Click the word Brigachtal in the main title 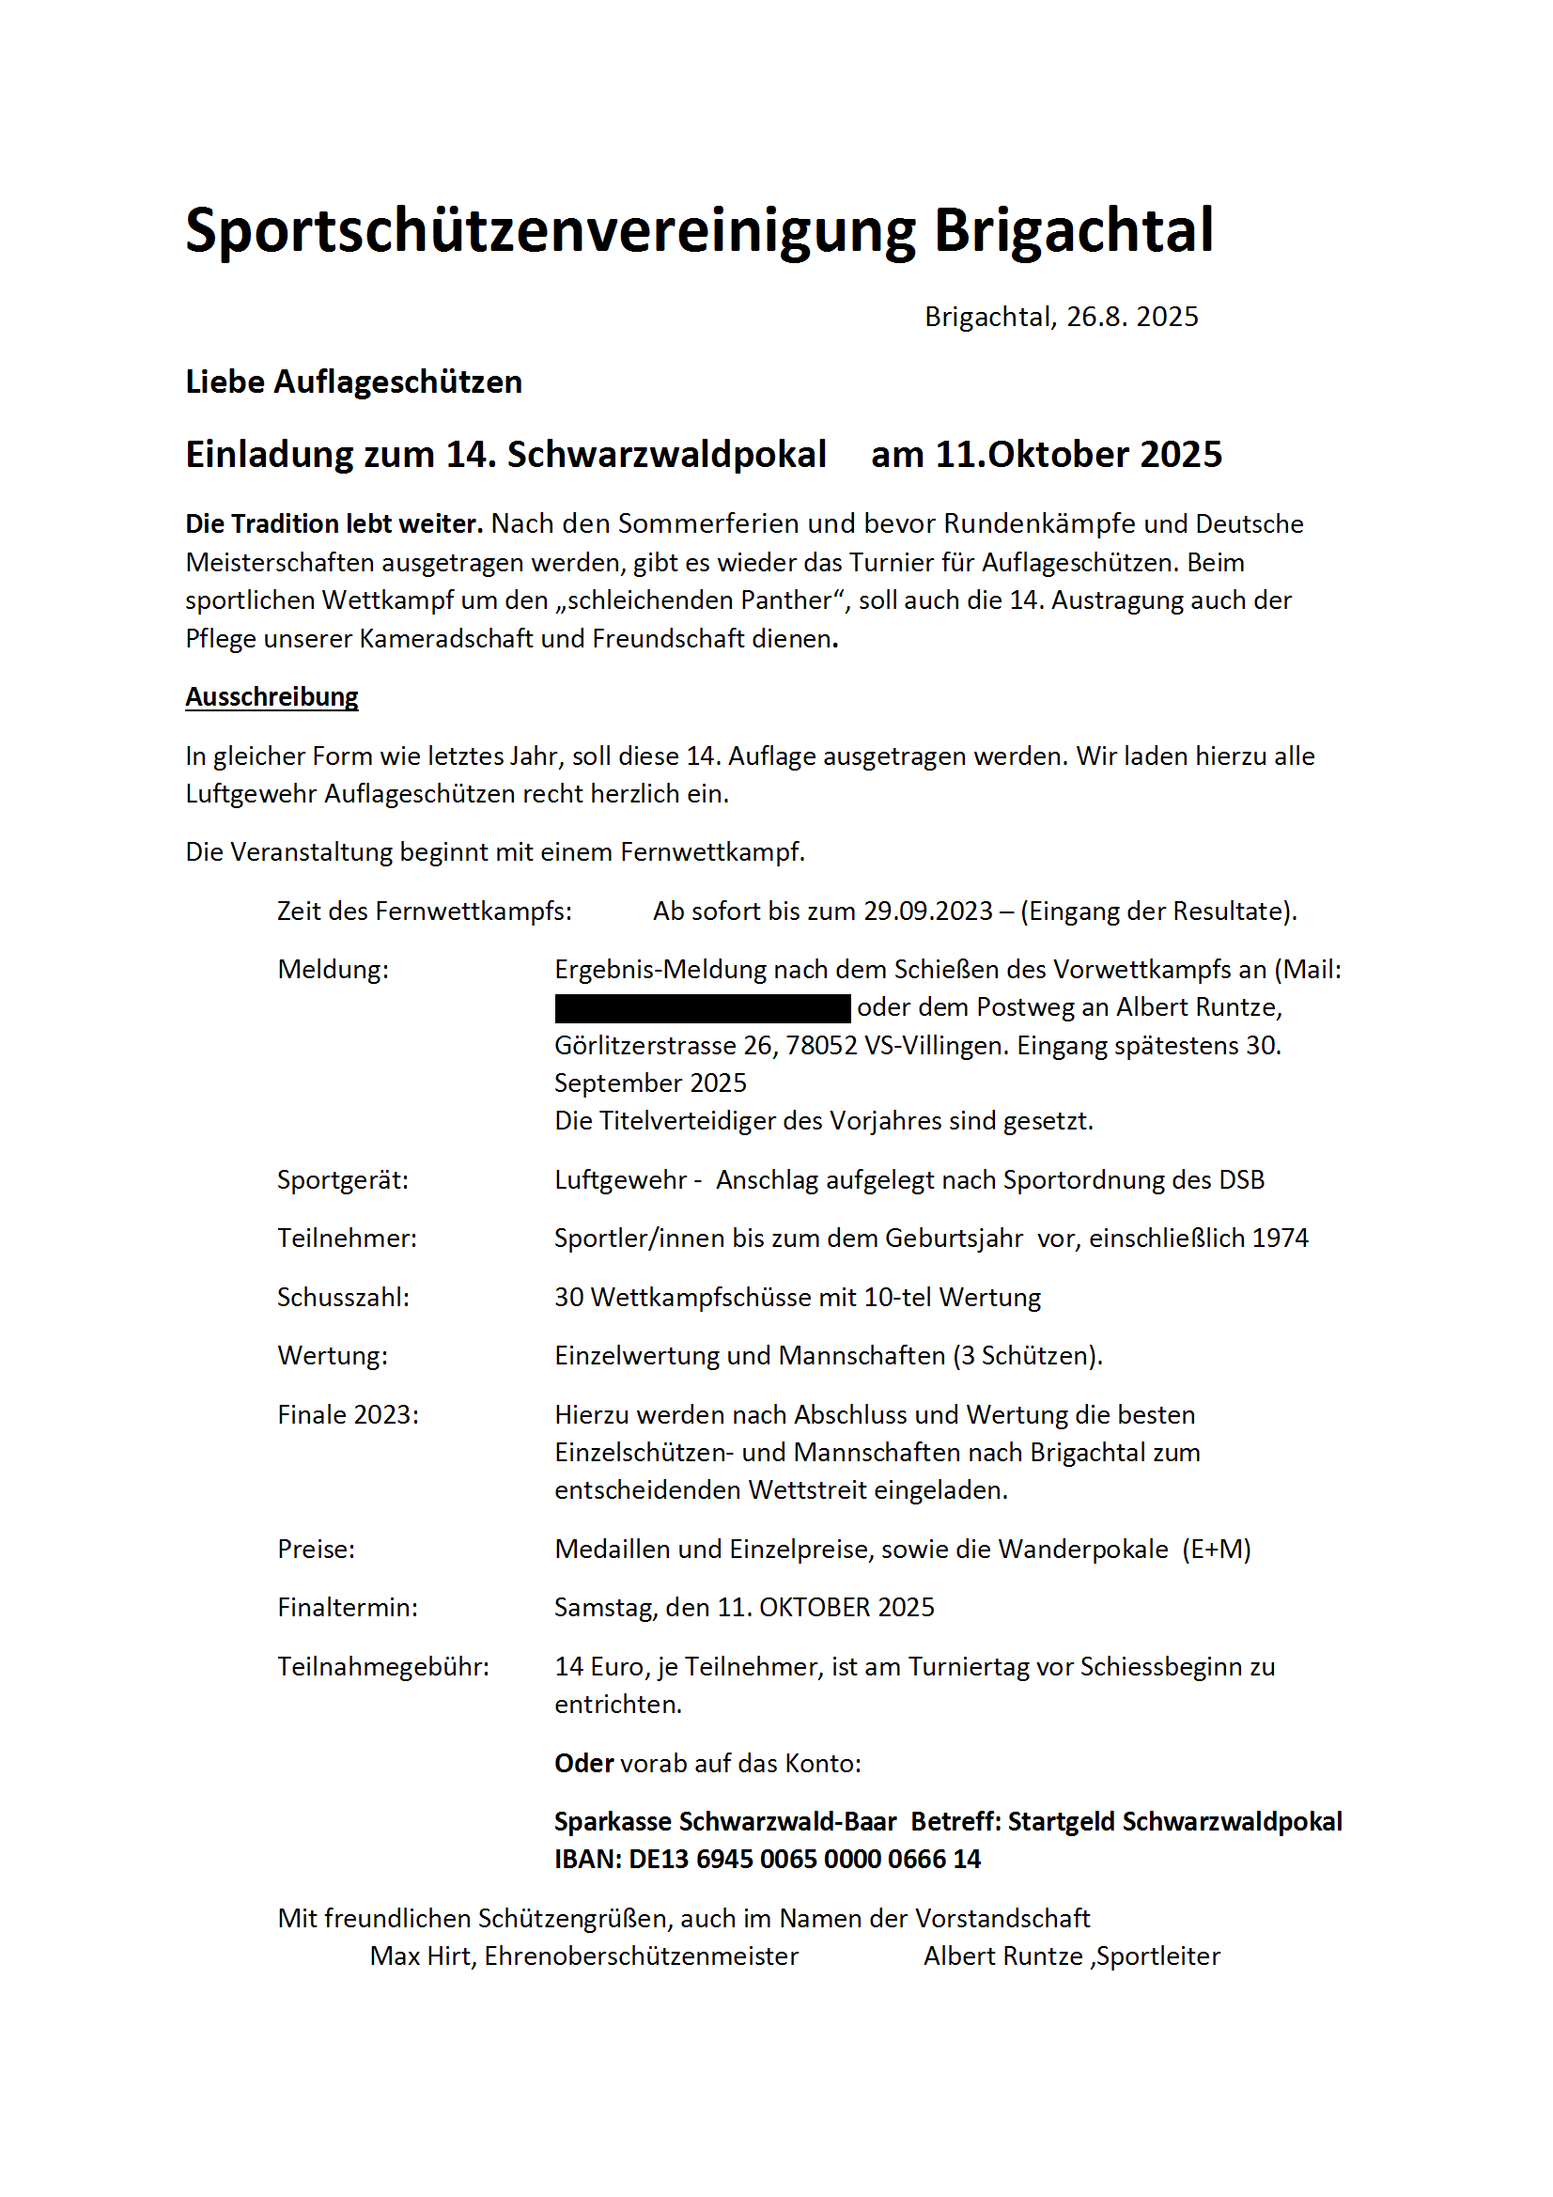[x=1073, y=230]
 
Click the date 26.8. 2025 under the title [x=1132, y=317]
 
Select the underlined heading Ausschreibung [x=272, y=696]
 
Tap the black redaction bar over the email [x=703, y=1007]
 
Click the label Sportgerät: [x=343, y=1180]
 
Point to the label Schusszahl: [x=343, y=1298]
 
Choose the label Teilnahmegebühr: [x=382, y=1667]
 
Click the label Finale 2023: [x=349, y=1415]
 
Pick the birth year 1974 [x=1280, y=1239]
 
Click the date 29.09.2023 [x=928, y=911]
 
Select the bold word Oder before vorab [x=583, y=1764]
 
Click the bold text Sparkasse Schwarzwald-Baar [x=725, y=1822]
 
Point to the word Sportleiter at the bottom [x=1158, y=1955]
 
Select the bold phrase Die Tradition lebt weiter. [x=334, y=524]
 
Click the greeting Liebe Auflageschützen [x=354, y=382]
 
